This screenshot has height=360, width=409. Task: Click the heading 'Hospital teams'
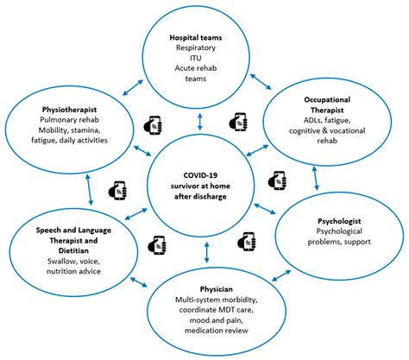204,39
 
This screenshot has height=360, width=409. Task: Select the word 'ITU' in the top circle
204,65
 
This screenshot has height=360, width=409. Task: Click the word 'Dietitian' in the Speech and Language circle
65,245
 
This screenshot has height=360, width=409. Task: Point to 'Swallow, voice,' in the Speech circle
65,258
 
